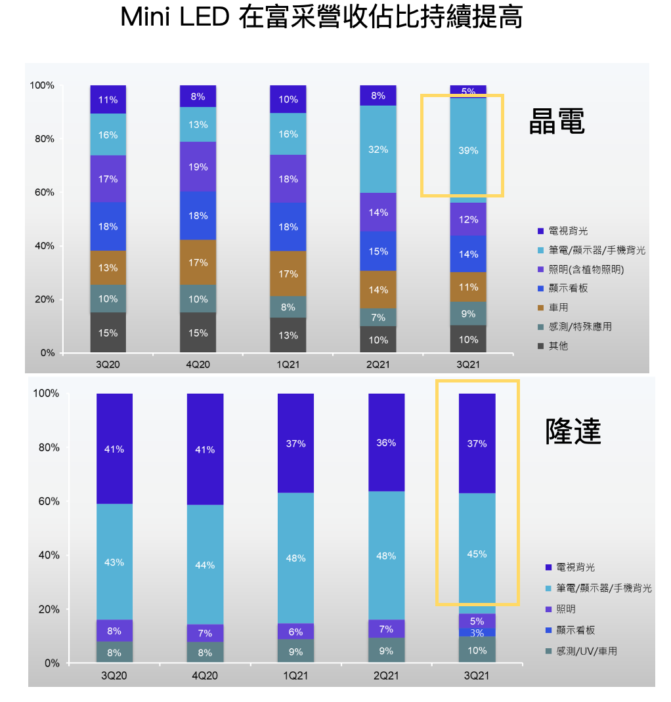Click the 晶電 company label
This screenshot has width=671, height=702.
(x=556, y=121)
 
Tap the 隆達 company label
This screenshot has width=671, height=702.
(x=573, y=431)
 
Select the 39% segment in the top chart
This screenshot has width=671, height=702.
(x=468, y=150)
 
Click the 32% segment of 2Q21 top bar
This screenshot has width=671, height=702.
(x=378, y=150)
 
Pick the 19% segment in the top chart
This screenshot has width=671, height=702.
(x=198, y=167)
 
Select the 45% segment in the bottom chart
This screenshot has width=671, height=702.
(x=477, y=554)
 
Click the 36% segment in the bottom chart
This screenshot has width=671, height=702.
(x=386, y=443)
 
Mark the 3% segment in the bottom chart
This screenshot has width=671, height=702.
(x=477, y=632)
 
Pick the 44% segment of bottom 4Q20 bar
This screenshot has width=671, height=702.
(x=205, y=565)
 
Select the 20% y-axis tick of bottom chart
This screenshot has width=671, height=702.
(x=48, y=609)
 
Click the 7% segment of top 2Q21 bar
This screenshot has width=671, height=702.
(x=378, y=318)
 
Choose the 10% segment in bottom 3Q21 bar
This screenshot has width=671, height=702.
(x=477, y=650)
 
